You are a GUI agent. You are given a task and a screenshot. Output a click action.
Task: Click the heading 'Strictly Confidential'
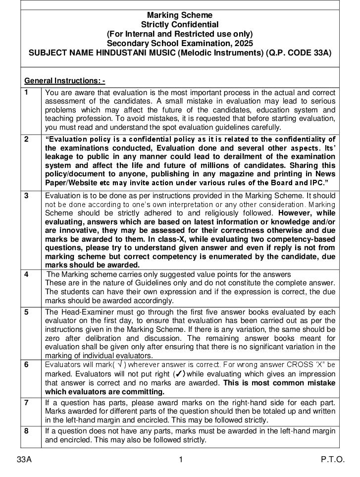[180, 24]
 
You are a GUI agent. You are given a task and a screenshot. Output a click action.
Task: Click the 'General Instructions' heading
[64, 81]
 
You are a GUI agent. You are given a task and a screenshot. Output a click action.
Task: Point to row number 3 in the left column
[27, 195]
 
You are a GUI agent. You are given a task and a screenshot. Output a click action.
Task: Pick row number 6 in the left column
[27, 364]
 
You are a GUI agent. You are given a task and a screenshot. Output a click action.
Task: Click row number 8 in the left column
[27, 431]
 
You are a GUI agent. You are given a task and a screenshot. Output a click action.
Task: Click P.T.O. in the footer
[332, 460]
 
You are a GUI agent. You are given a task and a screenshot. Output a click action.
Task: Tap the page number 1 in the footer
[181, 460]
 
